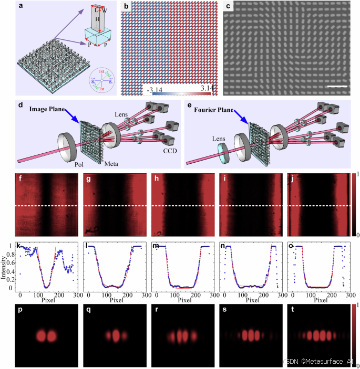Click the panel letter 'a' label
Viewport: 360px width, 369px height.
coord(20,7)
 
